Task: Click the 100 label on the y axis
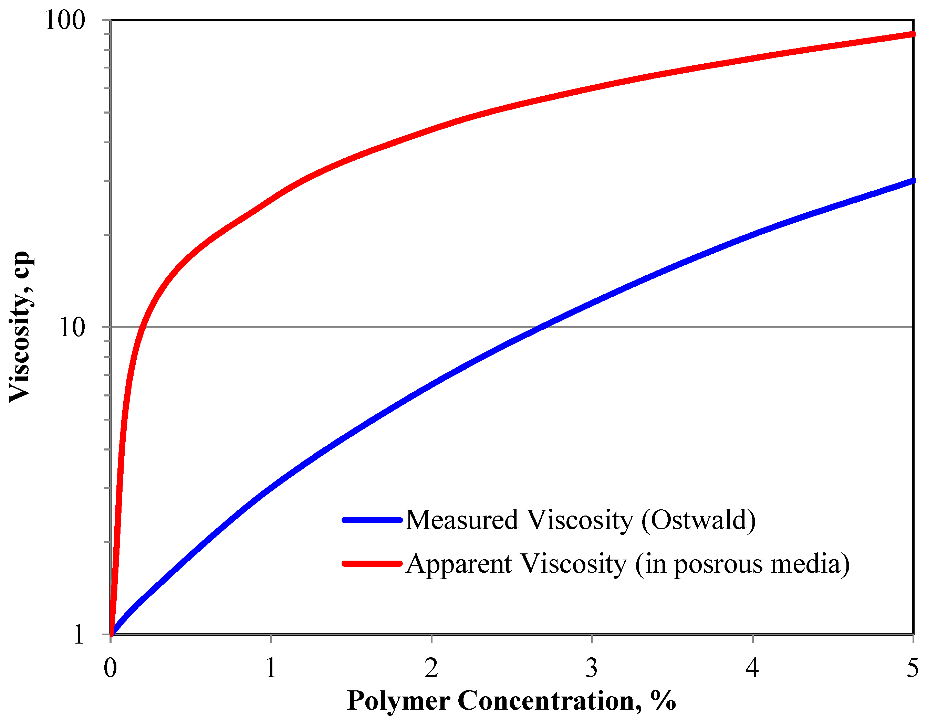click(x=65, y=20)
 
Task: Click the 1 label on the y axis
click(x=79, y=635)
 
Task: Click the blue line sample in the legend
click(x=372, y=520)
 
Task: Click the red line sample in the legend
click(x=372, y=564)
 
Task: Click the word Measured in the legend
click(x=462, y=520)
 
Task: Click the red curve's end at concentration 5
click(x=912, y=34)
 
